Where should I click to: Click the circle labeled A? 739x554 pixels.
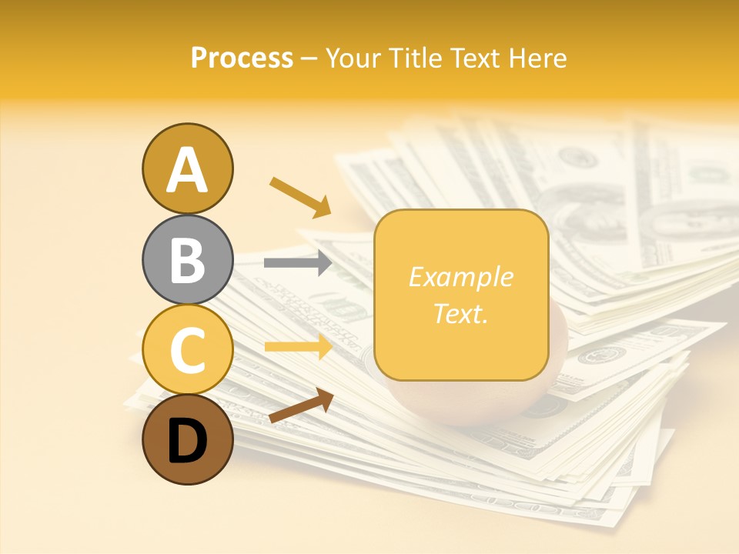click(188, 169)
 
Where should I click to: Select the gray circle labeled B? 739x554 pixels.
click(188, 259)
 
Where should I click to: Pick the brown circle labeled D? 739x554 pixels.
click(188, 440)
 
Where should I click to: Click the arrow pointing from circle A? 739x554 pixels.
click(300, 195)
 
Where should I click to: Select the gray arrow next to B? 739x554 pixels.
click(298, 263)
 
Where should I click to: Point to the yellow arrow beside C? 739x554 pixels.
click(298, 347)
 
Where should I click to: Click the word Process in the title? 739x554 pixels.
click(242, 58)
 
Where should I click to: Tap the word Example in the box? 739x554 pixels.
click(460, 278)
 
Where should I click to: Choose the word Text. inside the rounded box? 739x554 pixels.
click(460, 313)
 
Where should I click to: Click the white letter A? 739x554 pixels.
click(188, 170)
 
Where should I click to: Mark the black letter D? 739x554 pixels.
click(188, 442)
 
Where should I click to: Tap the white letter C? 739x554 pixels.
click(188, 351)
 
